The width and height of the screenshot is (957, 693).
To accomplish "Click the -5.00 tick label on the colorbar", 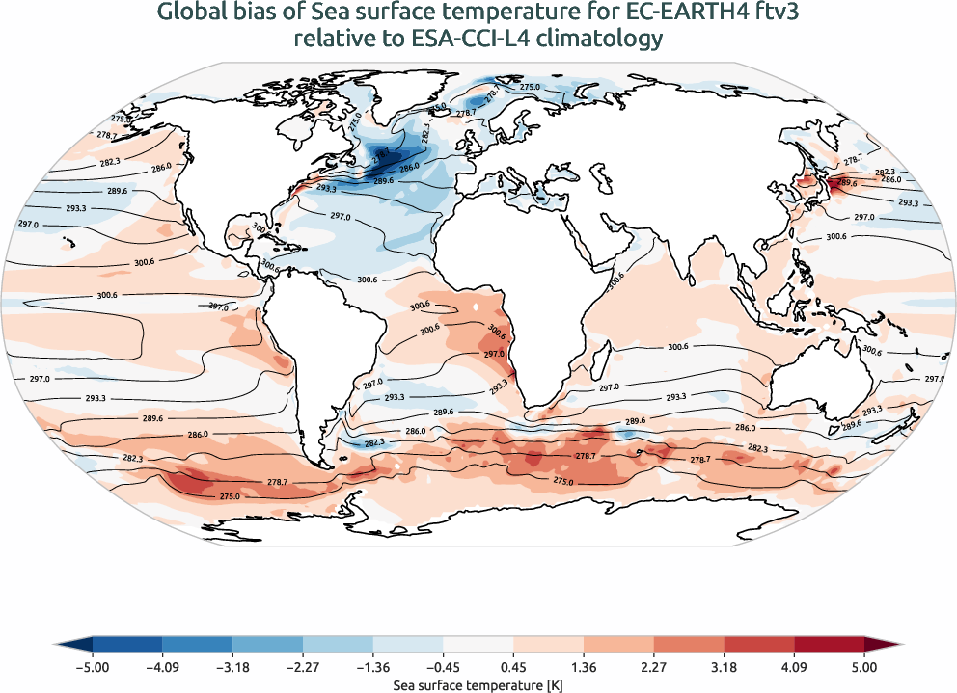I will tap(93, 666).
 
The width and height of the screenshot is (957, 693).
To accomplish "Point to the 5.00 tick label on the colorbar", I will tap(864, 666).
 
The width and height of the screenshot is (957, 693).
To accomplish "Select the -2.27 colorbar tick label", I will tap(303, 666).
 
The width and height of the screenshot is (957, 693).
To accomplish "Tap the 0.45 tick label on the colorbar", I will tap(513, 666).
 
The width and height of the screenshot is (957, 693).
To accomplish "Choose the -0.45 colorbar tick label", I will tap(443, 666).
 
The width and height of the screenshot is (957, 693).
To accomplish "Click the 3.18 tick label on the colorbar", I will tap(724, 666).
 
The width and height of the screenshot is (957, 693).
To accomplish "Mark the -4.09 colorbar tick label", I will tap(162, 666).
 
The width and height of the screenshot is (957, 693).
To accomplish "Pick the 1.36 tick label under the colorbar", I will tap(584, 666).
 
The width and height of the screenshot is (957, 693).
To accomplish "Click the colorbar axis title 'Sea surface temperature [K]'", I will tap(478, 683).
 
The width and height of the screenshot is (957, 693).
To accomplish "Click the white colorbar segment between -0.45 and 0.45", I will tap(478, 645).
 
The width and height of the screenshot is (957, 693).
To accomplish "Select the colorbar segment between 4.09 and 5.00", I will tap(829, 645).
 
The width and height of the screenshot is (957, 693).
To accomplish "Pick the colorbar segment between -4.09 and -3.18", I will tap(198, 645).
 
